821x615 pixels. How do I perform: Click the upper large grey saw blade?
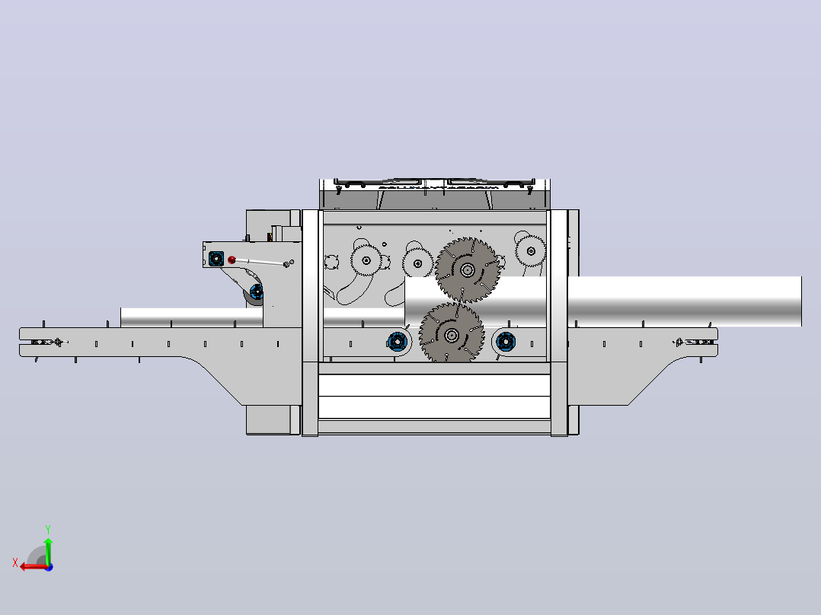pyautogui.click(x=467, y=270)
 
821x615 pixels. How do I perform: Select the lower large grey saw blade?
pyautogui.click(x=452, y=334)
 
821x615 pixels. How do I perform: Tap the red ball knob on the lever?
pyautogui.click(x=232, y=260)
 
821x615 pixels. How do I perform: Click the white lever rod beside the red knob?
pyautogui.click(x=260, y=262)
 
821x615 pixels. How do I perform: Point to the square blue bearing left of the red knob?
pyautogui.click(x=216, y=259)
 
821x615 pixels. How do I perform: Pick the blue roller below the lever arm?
pyautogui.click(x=257, y=292)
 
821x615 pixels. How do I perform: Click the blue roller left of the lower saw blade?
pyautogui.click(x=397, y=343)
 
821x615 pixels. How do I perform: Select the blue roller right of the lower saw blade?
pyautogui.click(x=506, y=343)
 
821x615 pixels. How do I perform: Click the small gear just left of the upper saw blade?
pyautogui.click(x=417, y=263)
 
